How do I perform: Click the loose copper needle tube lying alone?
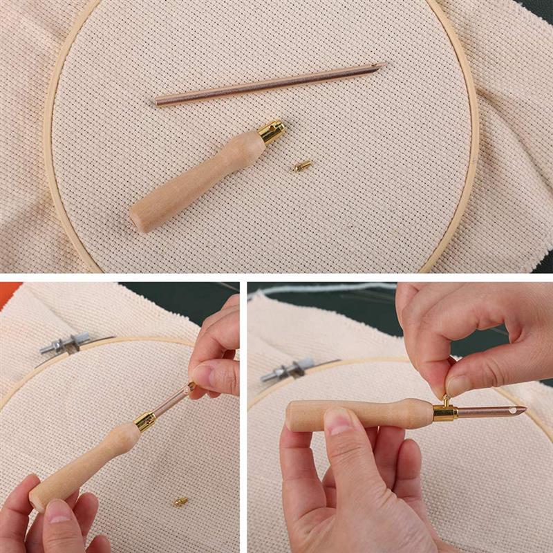click(x=270, y=84)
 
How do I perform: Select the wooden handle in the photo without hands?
click(x=200, y=176)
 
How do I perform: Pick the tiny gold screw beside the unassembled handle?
click(x=301, y=166)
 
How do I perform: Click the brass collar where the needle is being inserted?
click(x=145, y=420)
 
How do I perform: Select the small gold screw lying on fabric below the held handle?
click(x=181, y=501)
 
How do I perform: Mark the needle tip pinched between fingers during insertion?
click(x=188, y=390)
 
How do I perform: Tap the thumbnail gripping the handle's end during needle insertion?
click(x=58, y=512)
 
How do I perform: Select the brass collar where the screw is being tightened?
click(x=444, y=412)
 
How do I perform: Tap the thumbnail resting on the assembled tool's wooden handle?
click(x=339, y=422)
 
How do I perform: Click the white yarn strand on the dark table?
click(x=325, y=288)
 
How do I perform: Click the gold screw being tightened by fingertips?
click(x=446, y=400)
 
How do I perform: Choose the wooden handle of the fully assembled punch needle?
click(x=359, y=415)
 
